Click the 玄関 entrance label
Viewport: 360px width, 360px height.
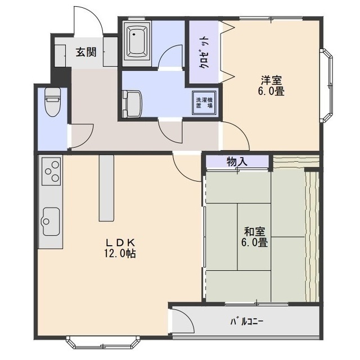(86, 52)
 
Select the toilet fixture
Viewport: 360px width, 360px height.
(52, 102)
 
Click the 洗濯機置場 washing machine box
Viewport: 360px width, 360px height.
(204, 103)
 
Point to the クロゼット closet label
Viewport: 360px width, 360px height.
(204, 52)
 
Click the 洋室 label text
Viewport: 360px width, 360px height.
(271, 80)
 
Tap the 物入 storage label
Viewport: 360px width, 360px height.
(237, 161)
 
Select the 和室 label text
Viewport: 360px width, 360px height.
(254, 232)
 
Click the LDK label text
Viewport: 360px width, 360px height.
(120, 242)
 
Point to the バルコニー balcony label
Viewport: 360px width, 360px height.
(247, 321)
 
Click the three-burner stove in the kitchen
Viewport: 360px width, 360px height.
(52, 171)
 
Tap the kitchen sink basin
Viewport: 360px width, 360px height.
(51, 221)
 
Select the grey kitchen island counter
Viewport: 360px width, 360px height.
(106, 188)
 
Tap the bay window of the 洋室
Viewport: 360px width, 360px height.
(327, 85)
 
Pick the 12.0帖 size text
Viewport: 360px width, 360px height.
(120, 254)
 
